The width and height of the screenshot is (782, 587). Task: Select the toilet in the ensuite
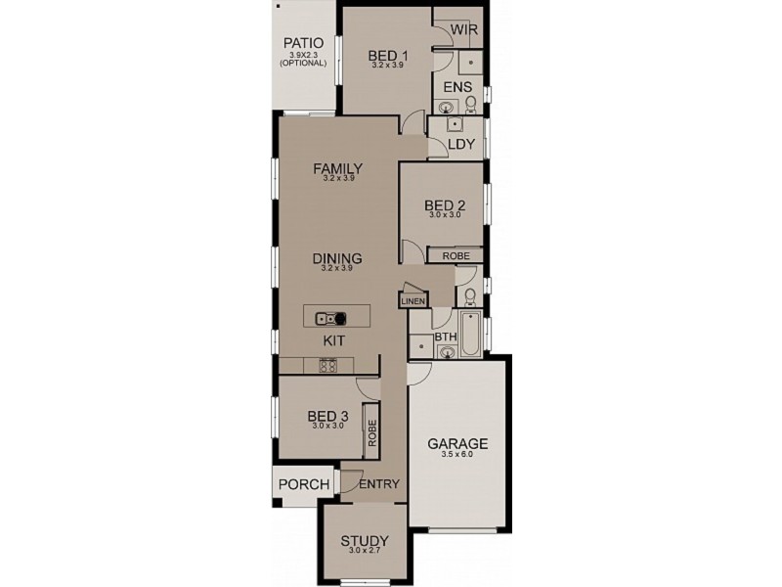470,104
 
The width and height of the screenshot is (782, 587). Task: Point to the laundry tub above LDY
455,124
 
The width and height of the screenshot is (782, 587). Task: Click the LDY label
460,145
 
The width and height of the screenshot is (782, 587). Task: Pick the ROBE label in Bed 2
456,255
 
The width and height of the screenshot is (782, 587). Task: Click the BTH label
446,338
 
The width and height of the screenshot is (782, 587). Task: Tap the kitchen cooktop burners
328,366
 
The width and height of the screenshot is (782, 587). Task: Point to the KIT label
335,339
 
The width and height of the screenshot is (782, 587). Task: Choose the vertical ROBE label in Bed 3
371,433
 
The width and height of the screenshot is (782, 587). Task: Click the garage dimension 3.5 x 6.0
457,455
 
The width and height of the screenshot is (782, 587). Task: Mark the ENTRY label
379,484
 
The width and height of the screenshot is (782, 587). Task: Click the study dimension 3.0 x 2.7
365,552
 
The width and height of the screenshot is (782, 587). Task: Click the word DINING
337,258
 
